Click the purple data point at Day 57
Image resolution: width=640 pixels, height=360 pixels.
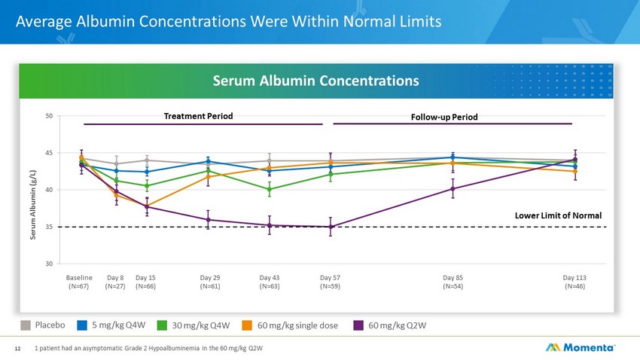pyautogui.click(x=331, y=227)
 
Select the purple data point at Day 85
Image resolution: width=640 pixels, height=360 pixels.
pyautogui.click(x=453, y=189)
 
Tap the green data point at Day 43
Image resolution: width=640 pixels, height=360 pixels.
pyautogui.click(x=270, y=189)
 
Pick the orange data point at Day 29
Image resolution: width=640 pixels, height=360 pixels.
pyautogui.click(x=208, y=177)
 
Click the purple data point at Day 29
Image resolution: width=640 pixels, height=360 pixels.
pyautogui.click(x=208, y=220)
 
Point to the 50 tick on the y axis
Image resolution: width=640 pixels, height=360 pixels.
pyautogui.click(x=50, y=116)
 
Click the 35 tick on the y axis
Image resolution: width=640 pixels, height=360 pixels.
pyautogui.click(x=50, y=227)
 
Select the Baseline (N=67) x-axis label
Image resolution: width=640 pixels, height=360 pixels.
pyautogui.click(x=79, y=282)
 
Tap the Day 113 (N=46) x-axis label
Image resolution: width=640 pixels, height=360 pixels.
pyautogui.click(x=574, y=282)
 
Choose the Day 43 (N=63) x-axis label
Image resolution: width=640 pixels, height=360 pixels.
pyautogui.click(x=270, y=282)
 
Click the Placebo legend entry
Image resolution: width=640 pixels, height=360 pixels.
pyautogui.click(x=43, y=325)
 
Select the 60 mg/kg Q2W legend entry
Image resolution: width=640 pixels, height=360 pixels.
pyautogui.click(x=390, y=325)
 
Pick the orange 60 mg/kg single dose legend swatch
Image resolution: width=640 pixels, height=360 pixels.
pyautogui.click(x=247, y=325)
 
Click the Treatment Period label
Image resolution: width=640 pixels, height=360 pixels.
pyautogui.click(x=198, y=116)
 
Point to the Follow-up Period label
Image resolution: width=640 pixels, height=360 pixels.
pyautogui.click(x=444, y=117)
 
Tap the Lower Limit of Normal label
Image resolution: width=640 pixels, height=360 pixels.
pyautogui.click(x=558, y=215)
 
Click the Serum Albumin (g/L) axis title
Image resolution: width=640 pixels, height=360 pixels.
pyautogui.click(x=33, y=205)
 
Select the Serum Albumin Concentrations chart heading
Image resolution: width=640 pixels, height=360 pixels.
pyautogui.click(x=316, y=81)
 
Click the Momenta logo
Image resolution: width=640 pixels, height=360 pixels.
pyautogui.click(x=580, y=347)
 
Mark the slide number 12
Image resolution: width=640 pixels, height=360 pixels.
pyautogui.click(x=17, y=349)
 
